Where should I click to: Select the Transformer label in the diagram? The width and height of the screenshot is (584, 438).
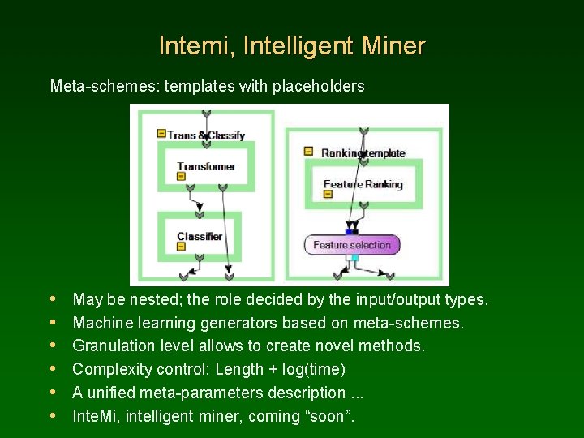pos(206,166)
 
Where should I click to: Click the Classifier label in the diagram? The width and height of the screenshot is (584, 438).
pos(200,237)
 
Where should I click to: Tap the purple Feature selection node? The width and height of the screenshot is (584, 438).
pos(351,245)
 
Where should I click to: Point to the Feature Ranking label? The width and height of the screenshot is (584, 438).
pos(363,184)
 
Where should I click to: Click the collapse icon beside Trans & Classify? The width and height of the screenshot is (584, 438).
pos(161,133)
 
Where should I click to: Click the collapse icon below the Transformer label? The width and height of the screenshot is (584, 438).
pos(182,176)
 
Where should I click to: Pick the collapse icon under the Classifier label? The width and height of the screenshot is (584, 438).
pos(182,247)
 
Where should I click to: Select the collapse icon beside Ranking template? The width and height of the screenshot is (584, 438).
pos(308,151)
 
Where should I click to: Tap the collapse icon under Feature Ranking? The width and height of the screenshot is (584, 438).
pos(328,194)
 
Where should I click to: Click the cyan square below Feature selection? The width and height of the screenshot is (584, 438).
pos(354,257)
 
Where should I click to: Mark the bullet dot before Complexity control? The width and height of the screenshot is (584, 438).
pos(54,370)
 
